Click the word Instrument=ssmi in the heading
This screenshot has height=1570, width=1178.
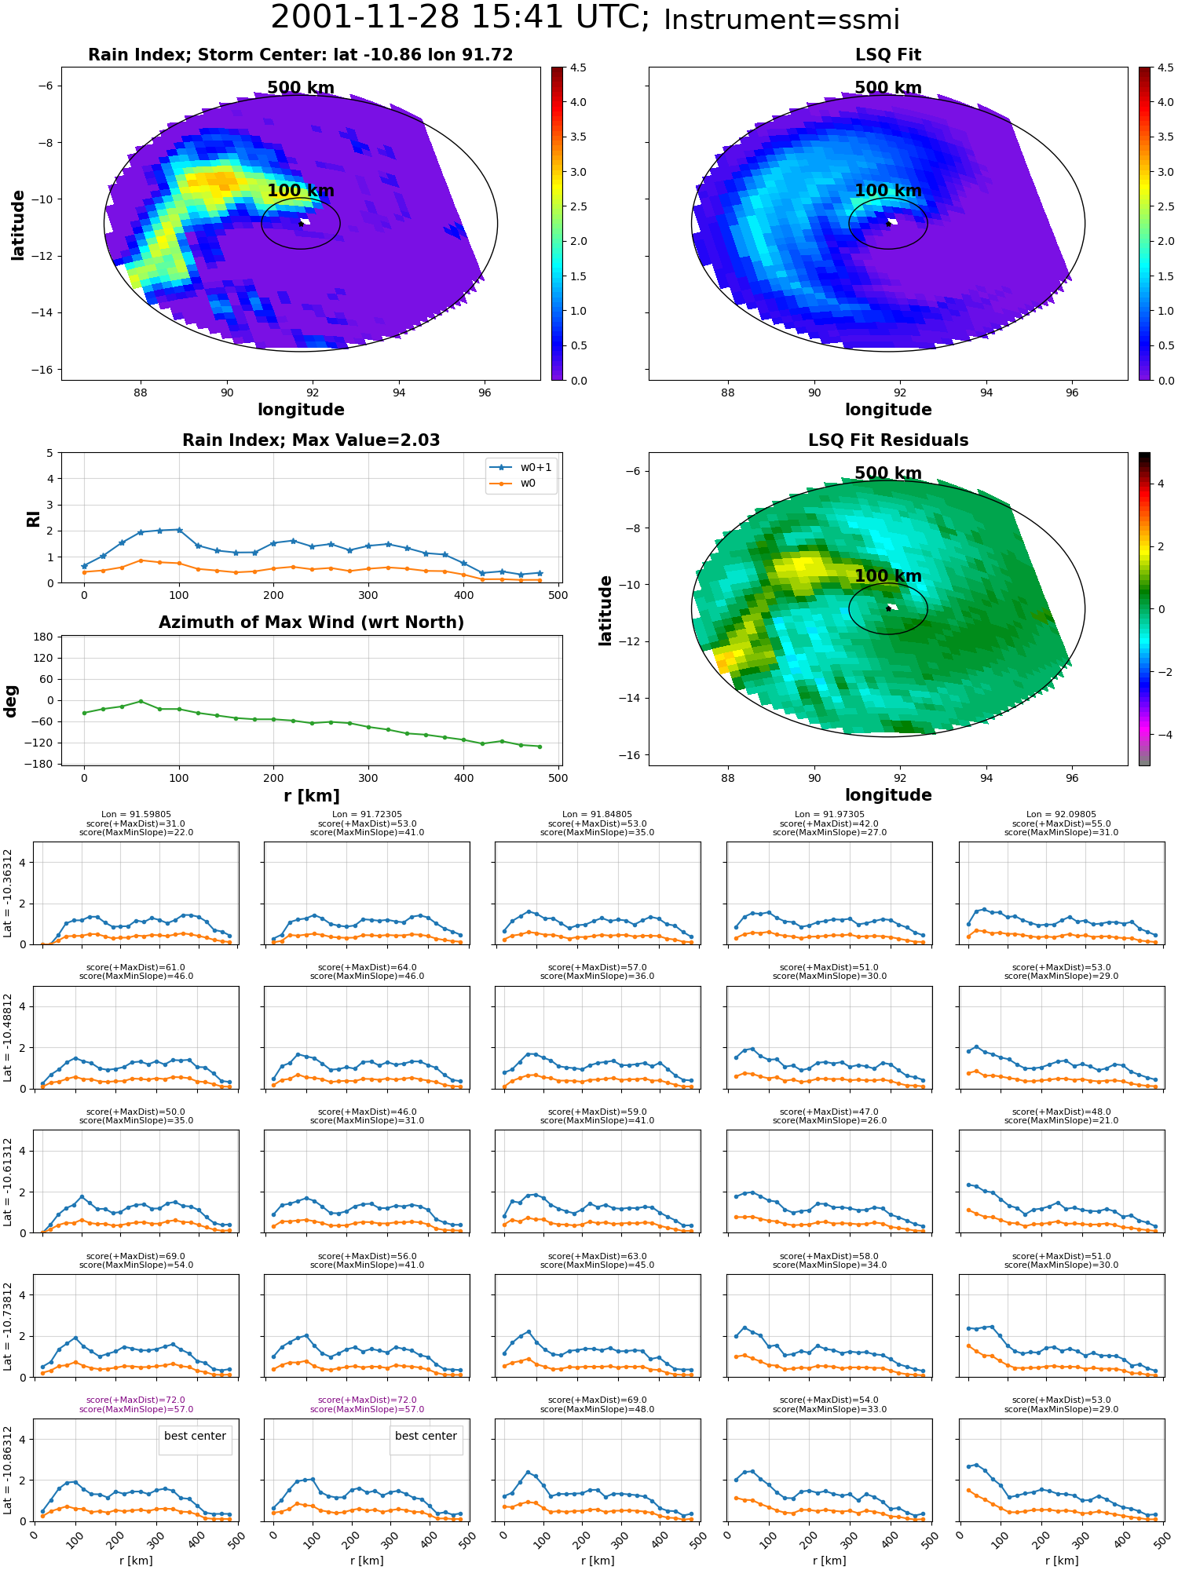coord(781,20)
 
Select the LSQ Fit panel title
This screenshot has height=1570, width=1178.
coord(888,55)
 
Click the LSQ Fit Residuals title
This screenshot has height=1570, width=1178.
coord(888,440)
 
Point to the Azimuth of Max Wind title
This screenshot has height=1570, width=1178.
coord(311,623)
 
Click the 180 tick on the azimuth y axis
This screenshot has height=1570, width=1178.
coord(44,637)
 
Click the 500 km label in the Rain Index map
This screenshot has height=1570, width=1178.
coord(301,88)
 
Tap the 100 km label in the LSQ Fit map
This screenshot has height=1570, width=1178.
coord(888,191)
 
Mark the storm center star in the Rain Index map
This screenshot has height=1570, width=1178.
coord(301,223)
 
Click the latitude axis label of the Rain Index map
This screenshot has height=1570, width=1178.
coord(17,225)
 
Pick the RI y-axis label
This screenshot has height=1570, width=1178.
coord(33,519)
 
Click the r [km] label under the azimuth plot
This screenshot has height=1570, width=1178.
coord(312,796)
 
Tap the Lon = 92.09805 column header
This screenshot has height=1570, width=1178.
coord(1061,815)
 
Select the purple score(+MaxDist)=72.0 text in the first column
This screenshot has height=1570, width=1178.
coord(136,1400)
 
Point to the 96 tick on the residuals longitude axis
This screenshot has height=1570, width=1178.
coord(1072,778)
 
